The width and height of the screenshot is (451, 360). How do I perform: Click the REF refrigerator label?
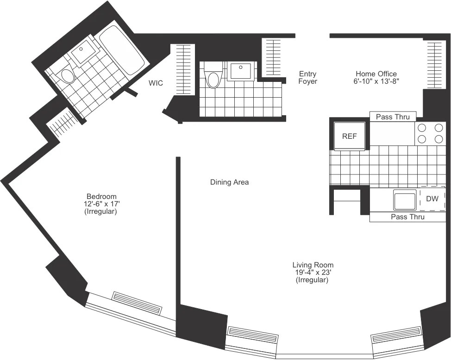[x=350, y=137]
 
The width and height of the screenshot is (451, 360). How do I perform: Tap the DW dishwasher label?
[x=432, y=199]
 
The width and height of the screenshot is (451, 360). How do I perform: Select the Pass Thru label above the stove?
[x=393, y=117]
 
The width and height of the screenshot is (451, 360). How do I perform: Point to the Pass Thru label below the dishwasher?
[x=407, y=217]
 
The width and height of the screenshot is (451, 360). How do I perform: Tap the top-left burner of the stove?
[x=422, y=128]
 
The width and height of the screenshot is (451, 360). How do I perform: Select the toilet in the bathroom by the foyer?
[x=213, y=79]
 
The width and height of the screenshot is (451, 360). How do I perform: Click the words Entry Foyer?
[x=308, y=77]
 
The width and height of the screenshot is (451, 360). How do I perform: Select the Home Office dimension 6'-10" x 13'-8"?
[x=376, y=81]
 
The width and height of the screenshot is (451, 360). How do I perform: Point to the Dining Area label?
[x=229, y=182]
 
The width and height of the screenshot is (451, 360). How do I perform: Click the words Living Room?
[x=313, y=265]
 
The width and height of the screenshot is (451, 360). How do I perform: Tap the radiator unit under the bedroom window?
[x=137, y=304]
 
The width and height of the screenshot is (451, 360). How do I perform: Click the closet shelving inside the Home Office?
[x=435, y=65]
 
